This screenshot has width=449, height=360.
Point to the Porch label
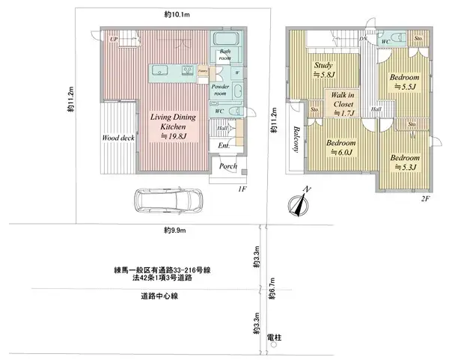(227, 166)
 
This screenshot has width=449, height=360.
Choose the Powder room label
(221, 90)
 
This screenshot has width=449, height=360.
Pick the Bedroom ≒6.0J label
(341, 146)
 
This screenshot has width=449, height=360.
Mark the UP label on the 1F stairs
(114, 39)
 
